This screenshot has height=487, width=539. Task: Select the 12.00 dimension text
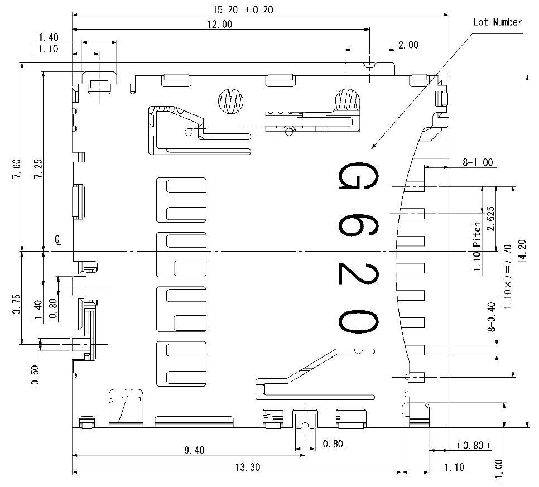219,24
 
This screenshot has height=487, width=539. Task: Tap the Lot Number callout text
497,22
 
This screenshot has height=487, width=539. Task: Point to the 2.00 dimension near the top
408,45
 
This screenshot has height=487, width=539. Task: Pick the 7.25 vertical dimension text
37,169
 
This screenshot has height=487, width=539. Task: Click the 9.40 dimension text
194,450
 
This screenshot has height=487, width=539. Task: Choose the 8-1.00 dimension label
478,162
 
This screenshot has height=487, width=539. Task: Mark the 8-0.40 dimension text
492,317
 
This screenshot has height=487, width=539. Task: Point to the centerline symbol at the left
58,241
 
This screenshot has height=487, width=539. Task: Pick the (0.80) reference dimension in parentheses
473,445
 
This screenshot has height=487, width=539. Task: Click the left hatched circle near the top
230,101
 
